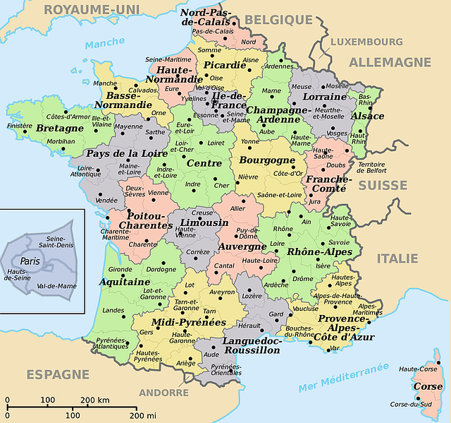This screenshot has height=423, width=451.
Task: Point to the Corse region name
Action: point(428,387)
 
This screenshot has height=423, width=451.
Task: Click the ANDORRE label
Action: point(163,393)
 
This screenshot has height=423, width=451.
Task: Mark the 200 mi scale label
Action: point(142,415)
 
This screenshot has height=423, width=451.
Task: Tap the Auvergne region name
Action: point(242,247)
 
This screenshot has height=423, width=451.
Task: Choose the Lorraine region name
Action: point(324,96)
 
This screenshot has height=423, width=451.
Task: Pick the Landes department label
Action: point(113,310)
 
